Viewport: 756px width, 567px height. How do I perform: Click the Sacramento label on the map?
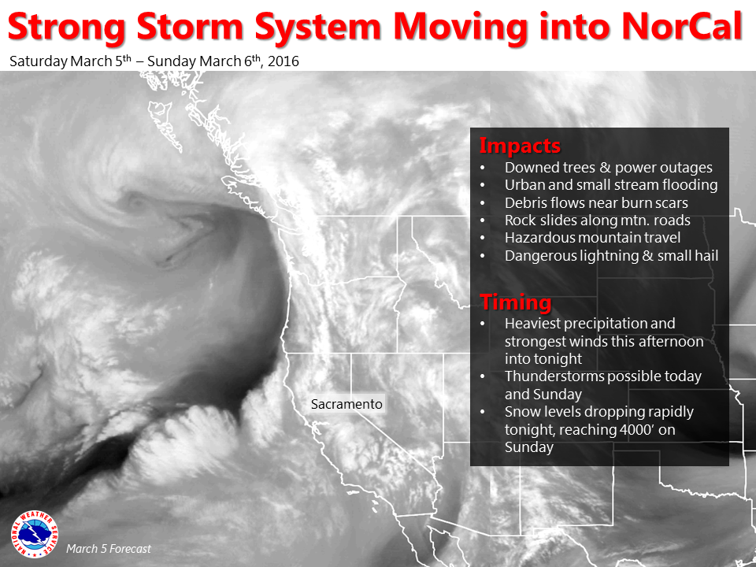pos(346,404)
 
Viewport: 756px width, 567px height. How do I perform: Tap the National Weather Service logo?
pos(34,534)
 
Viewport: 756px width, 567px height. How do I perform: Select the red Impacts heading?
pos(520,146)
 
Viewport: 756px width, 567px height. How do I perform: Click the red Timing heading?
pos(515,302)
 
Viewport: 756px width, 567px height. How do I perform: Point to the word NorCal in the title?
pos(682,26)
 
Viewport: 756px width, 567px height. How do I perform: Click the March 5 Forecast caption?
pos(109,549)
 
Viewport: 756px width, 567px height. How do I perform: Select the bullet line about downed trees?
pos(609,167)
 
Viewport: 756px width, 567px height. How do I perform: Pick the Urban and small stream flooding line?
pos(611,184)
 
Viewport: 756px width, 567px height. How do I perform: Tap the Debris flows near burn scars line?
pos(596,202)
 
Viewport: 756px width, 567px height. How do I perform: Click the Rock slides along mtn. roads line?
pos(598,220)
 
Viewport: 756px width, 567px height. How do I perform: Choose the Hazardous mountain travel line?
pos(592,238)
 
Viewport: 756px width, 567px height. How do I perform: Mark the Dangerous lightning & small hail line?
pos(611,255)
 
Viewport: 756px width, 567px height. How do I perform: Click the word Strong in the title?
pos(67,27)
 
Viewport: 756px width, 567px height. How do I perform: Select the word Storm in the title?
pos(190,26)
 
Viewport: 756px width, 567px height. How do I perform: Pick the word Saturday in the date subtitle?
pos(39,61)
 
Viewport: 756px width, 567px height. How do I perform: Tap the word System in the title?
pos(319,27)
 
